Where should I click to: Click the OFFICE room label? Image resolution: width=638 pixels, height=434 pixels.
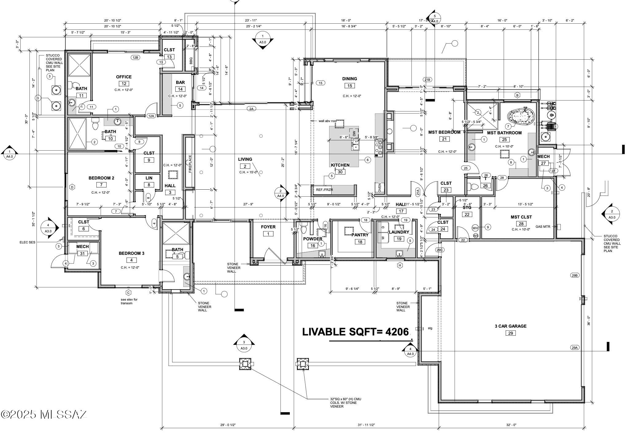[x=124, y=77]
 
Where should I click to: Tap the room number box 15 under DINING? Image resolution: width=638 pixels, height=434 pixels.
[x=349, y=86]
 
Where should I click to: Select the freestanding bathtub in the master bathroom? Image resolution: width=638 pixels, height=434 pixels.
[x=521, y=118]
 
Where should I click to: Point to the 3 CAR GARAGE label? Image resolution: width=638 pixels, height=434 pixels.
[x=510, y=326]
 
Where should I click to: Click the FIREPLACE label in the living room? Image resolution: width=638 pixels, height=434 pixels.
[x=190, y=164]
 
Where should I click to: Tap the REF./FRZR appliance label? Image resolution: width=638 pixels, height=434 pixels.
[x=324, y=190]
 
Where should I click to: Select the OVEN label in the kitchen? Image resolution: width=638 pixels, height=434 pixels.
[x=379, y=187]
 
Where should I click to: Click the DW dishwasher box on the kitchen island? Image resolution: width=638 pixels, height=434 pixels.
[x=354, y=134]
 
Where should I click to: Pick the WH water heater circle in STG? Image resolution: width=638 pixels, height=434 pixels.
[x=475, y=228]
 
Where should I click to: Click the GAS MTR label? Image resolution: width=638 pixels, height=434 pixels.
[x=543, y=227]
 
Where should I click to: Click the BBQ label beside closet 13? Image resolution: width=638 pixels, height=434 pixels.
[x=191, y=60]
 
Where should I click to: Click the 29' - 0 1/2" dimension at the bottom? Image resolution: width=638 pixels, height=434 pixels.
[x=228, y=425]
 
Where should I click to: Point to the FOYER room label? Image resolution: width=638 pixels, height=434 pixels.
[x=268, y=227]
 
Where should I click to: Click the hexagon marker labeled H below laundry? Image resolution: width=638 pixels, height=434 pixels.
[x=400, y=265]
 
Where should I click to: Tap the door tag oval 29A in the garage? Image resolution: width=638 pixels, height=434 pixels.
[x=574, y=348]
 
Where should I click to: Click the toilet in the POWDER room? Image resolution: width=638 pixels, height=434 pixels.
[x=304, y=230]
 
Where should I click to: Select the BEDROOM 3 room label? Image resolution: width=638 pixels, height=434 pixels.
[x=131, y=253]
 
